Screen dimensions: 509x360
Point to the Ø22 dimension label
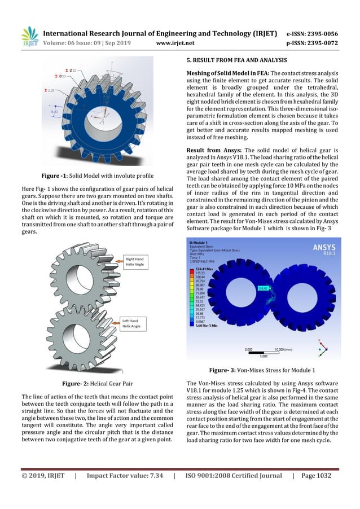[76, 71]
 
